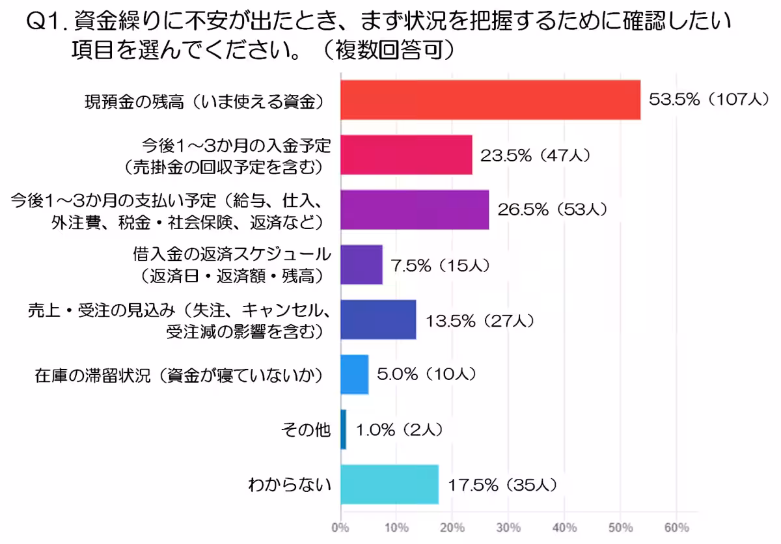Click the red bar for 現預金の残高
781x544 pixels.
coord(490,100)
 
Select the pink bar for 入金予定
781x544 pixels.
coord(406,156)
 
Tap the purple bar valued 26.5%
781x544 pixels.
coord(415,210)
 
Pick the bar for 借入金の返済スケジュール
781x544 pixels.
coord(361,265)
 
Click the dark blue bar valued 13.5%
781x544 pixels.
coord(378,320)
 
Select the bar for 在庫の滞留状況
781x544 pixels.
coord(355,374)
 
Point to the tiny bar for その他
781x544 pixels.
coord(343,429)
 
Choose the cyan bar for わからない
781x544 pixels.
coord(389,484)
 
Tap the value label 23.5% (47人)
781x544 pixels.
coord(535,156)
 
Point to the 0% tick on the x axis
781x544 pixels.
coord(340,526)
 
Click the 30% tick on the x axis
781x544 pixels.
coord(508,526)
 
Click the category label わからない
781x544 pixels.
coord(290,484)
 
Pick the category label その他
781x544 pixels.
coord(306,429)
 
